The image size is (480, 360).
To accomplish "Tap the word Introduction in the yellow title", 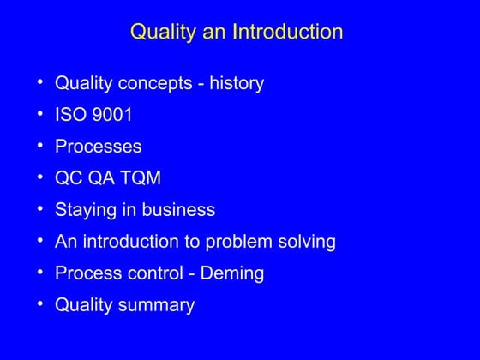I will tap(285, 33).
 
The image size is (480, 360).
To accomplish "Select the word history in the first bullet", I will tap(234, 84).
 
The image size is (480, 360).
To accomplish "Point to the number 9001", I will tap(111, 115).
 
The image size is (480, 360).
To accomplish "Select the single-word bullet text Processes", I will tap(98, 147).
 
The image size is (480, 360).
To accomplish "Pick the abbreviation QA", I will tap(104, 178).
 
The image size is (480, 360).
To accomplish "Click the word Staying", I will tap(85, 210).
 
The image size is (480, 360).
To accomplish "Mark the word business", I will tap(177, 210).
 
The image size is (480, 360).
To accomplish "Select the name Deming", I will tap(234, 273).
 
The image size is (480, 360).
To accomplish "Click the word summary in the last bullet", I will tap(159, 305).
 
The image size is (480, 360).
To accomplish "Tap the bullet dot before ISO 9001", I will tap(40, 114).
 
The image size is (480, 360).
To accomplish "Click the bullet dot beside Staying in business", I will tap(40, 209).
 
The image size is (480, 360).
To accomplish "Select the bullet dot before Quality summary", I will tap(40, 304).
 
